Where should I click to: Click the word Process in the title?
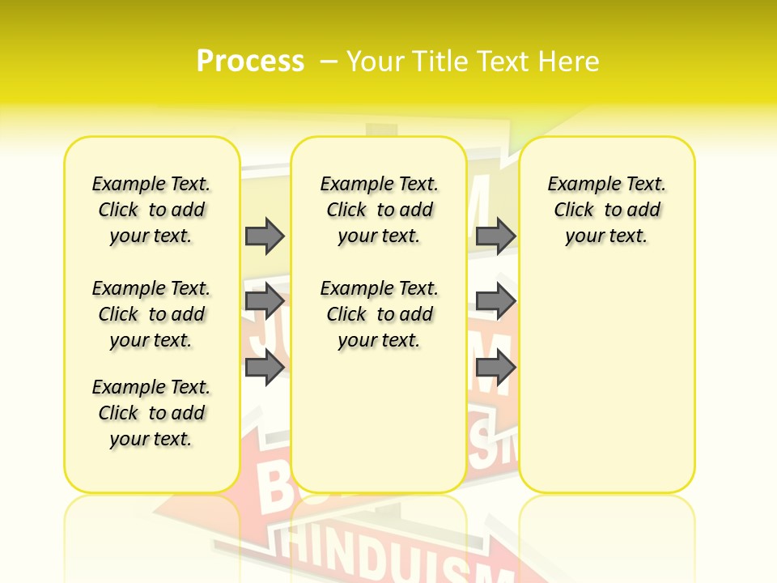250,61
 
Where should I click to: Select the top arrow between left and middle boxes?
265,236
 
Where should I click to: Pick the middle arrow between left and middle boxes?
265,302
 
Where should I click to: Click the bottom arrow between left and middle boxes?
265,368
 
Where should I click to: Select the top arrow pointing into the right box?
495,236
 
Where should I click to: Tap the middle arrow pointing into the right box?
495,302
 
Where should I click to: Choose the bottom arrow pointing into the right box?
495,368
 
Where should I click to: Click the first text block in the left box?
151,210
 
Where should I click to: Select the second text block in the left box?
151,314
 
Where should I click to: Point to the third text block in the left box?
151,413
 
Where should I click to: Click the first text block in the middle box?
379,210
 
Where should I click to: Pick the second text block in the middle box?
379,314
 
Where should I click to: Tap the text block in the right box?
607,210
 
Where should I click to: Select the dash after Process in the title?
329,61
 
